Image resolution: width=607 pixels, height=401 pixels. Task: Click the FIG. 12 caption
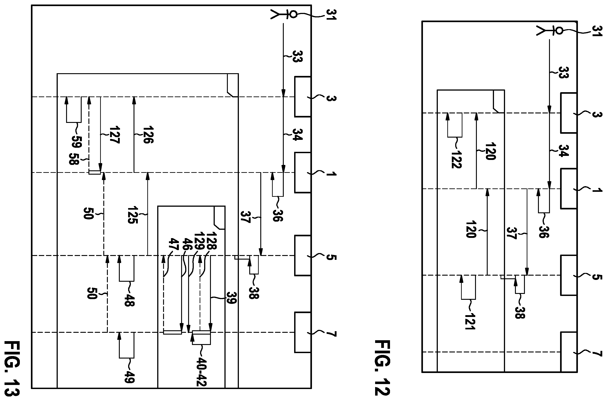tap(382, 368)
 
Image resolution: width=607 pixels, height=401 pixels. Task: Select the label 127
tap(114, 135)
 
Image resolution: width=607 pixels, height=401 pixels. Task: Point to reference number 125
tap(132, 215)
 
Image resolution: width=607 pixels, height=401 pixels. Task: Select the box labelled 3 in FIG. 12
tap(569, 113)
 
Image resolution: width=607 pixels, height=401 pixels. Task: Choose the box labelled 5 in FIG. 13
tap(303, 256)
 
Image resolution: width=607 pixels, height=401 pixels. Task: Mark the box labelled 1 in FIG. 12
tap(569, 188)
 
